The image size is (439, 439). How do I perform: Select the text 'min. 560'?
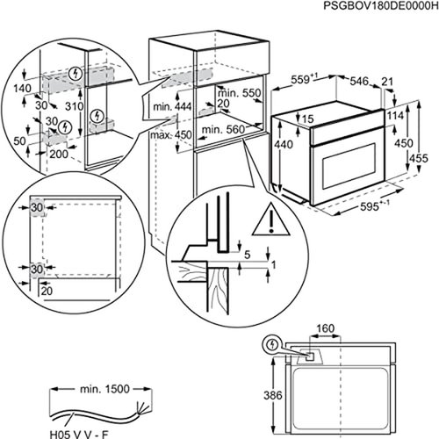point(221,128)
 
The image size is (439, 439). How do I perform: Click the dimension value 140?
point(20,88)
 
